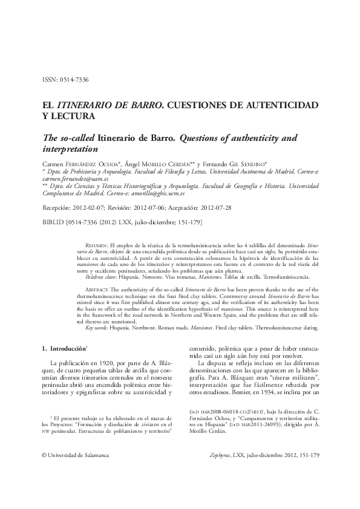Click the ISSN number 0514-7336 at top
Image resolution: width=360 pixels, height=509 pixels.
pyautogui.click(x=74, y=80)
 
